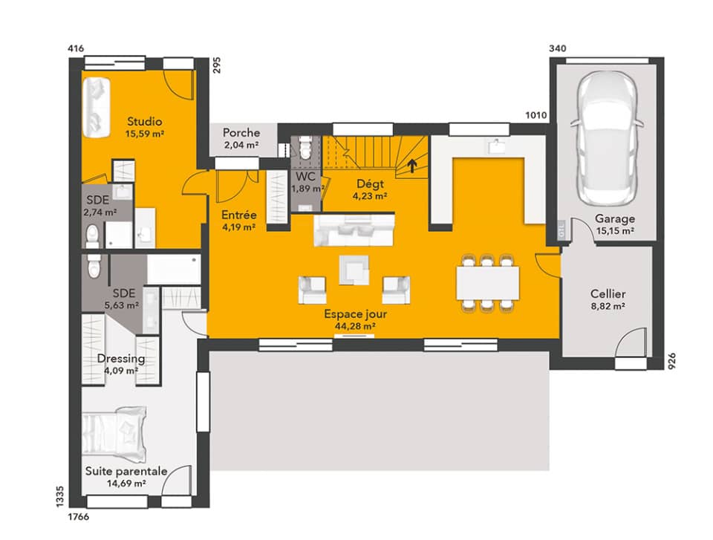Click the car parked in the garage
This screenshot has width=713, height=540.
coord(605,140)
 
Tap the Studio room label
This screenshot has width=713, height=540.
coord(145,122)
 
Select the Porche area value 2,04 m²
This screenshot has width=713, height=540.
coord(241,146)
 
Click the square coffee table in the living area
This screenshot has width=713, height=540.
coord(354,269)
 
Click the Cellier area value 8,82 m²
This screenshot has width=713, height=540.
coord(608,306)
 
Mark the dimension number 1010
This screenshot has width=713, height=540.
coord(536,115)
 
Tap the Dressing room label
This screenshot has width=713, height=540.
coord(121,359)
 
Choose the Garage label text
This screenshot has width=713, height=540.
coord(614,219)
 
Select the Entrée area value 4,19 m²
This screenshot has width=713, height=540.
coord(239,227)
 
